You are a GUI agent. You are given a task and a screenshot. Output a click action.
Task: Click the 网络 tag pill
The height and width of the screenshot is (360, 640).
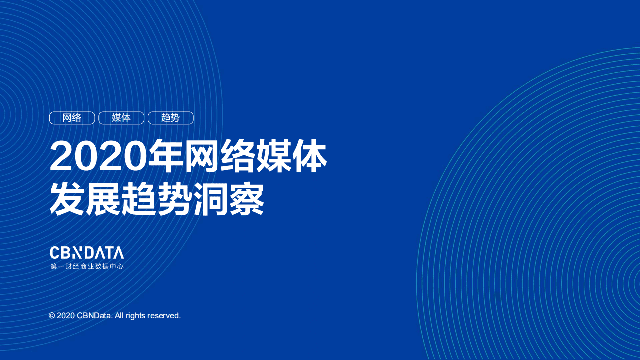(x=72, y=118)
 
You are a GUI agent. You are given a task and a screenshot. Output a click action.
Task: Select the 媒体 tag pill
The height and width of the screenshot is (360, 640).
(x=121, y=118)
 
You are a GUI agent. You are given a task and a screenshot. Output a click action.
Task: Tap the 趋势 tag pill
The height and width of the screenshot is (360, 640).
(x=170, y=118)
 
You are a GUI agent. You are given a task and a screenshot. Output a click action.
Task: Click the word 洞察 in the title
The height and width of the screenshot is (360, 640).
(x=229, y=199)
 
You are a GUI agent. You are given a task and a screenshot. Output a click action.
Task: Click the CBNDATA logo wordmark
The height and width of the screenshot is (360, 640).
(x=87, y=253)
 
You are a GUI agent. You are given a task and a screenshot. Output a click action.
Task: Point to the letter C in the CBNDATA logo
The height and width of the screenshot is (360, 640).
(x=55, y=253)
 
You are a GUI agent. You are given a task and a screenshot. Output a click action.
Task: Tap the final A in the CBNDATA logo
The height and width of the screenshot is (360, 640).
(x=118, y=253)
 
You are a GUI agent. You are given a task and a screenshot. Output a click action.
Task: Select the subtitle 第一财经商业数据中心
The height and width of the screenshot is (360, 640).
(x=87, y=267)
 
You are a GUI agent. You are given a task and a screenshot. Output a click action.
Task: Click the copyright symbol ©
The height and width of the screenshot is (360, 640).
(x=51, y=316)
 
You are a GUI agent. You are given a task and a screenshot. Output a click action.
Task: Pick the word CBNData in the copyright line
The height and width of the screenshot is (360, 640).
(x=95, y=316)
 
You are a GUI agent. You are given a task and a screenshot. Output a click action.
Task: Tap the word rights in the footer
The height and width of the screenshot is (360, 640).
(x=135, y=316)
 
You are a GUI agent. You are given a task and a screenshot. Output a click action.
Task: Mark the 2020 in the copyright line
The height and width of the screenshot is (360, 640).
(x=66, y=316)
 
